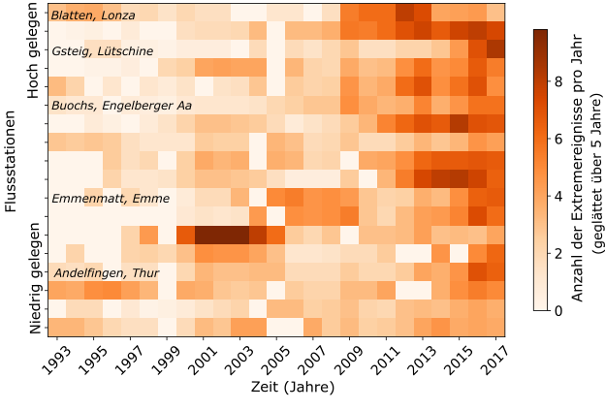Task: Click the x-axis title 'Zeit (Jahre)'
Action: pyautogui.click(x=277, y=389)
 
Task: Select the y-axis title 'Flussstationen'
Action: pyautogui.click(x=11, y=170)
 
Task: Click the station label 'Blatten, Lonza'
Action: pyautogui.click(x=93, y=16)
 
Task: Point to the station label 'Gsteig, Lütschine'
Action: pyautogui.click(x=103, y=51)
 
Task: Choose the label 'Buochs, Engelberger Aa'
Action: pyautogui.click(x=121, y=105)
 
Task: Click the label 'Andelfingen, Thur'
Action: pyautogui.click(x=106, y=273)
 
